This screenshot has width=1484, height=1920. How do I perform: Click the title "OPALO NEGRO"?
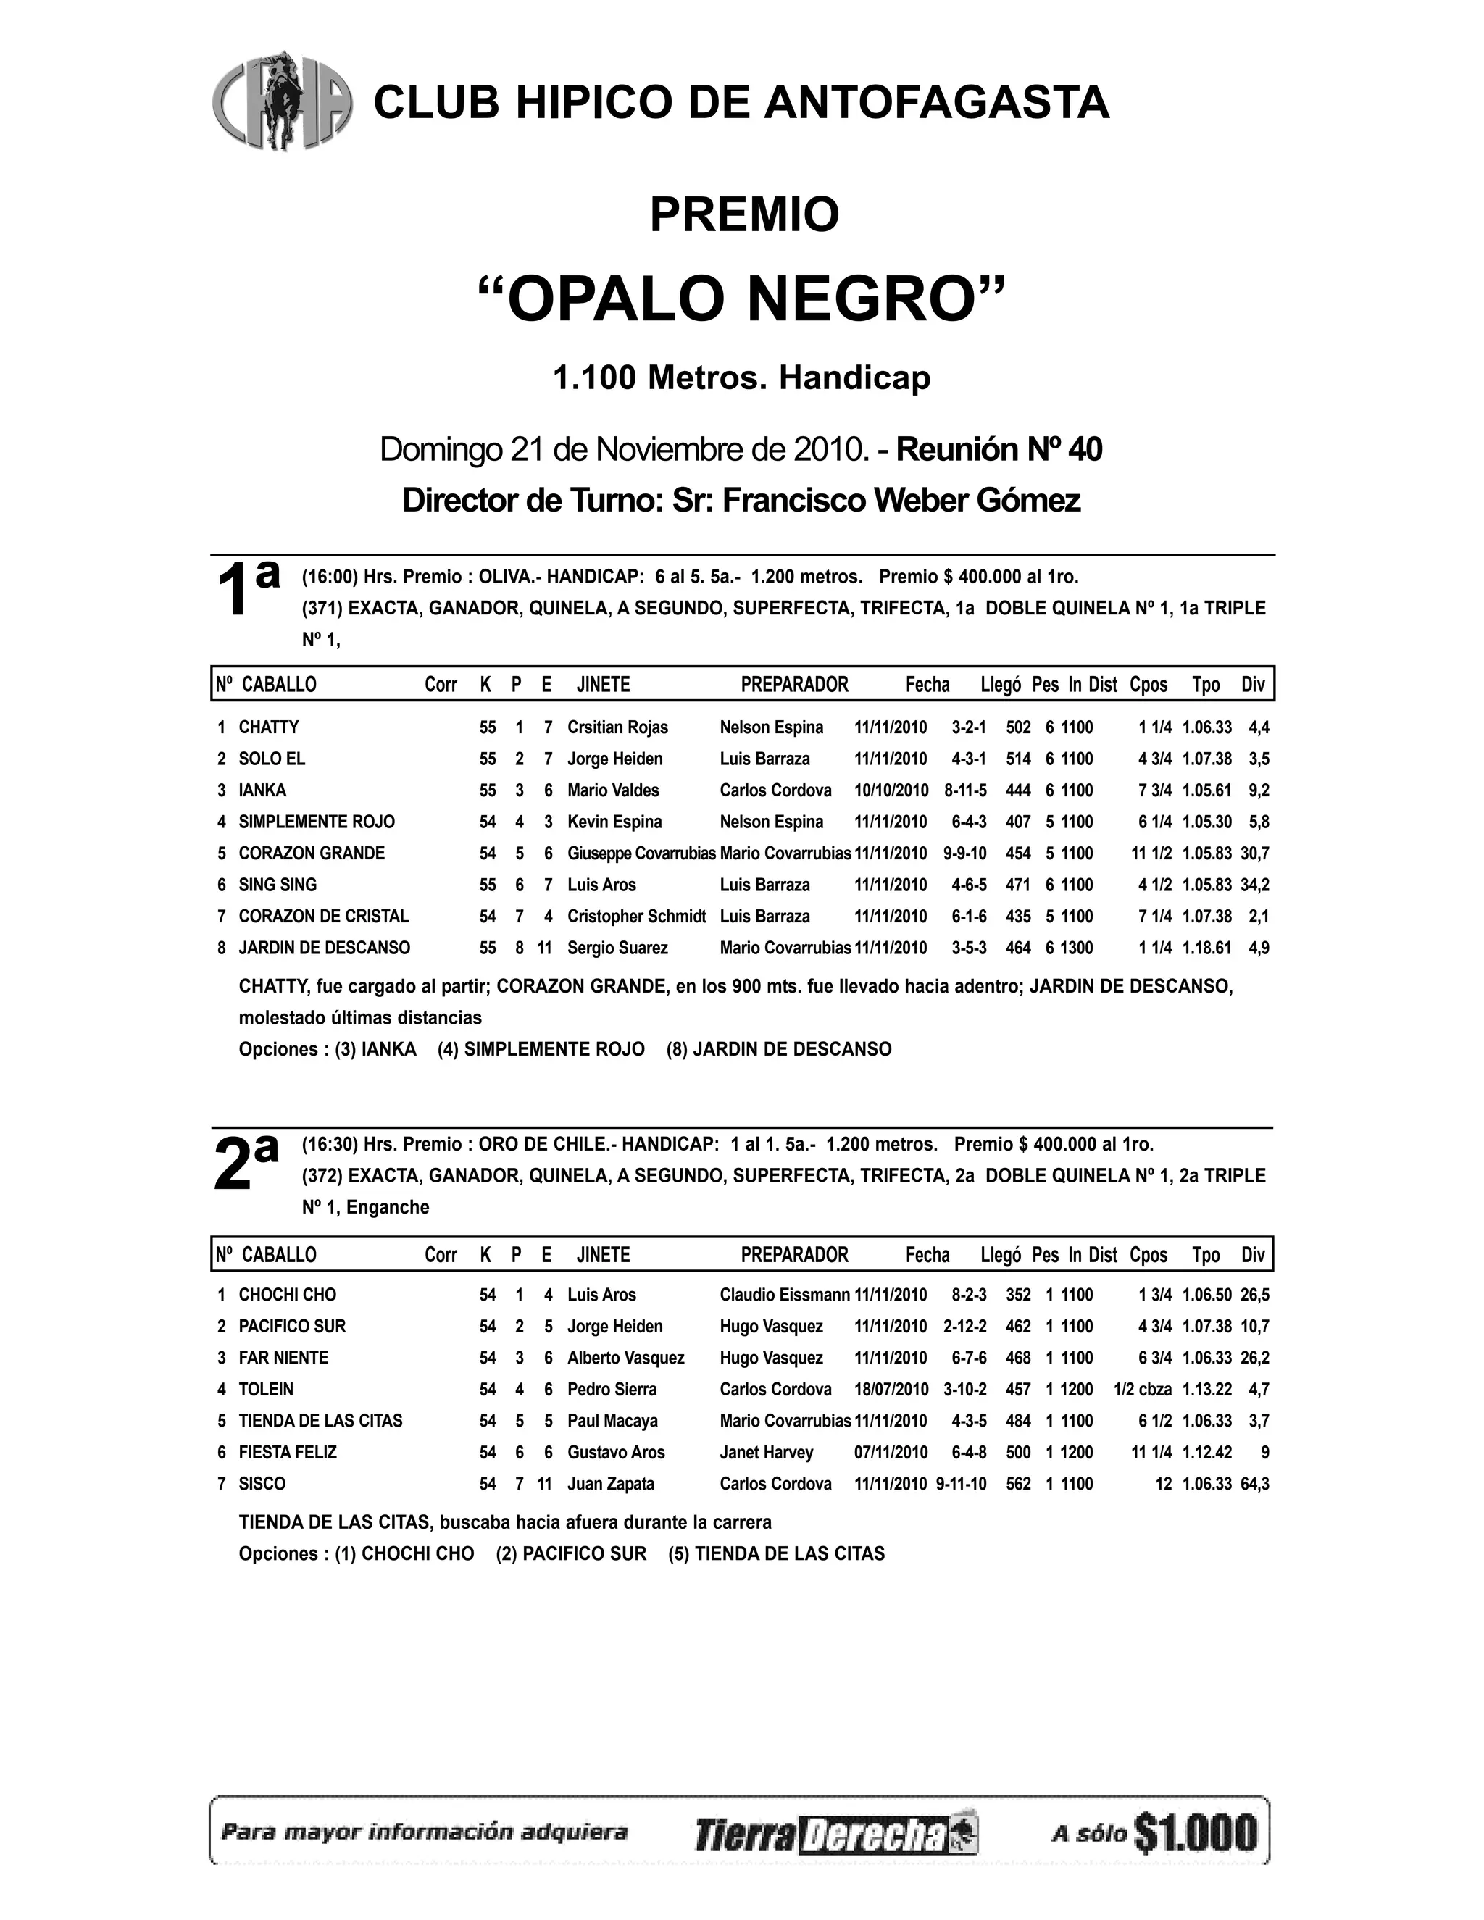742,299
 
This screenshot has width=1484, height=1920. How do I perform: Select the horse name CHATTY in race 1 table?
269,727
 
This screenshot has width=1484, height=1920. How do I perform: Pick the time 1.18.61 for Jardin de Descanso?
1206,948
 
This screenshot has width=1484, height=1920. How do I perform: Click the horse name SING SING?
278,885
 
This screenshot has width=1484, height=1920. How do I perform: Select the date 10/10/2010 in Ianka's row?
891,790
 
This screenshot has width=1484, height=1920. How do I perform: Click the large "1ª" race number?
247,590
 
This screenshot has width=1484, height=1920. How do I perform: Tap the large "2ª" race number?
246,1162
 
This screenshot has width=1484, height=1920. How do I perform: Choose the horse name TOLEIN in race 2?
267,1389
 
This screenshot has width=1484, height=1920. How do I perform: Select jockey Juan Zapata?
611,1484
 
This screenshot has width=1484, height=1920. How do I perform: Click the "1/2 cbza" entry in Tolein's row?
1143,1389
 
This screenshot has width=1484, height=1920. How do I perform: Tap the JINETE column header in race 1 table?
603,685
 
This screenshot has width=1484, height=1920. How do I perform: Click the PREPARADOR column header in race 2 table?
795,1254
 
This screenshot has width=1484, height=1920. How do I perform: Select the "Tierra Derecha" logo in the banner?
836,1834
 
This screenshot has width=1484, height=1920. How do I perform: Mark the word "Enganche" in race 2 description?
388,1207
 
